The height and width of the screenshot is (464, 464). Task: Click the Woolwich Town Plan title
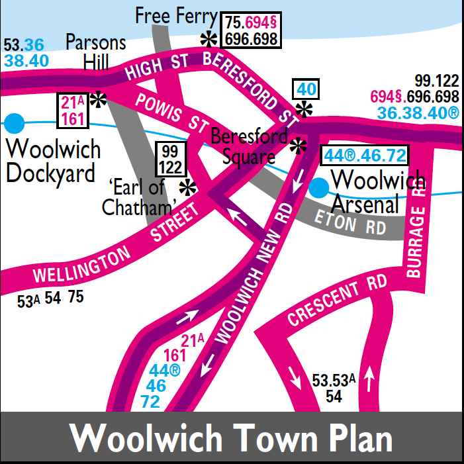coord(231,438)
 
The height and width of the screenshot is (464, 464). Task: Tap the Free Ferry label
coord(175,16)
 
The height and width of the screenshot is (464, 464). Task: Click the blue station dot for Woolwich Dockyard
coord(14,123)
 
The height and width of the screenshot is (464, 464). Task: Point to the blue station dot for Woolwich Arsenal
coord(319,188)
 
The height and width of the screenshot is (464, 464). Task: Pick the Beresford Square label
coord(249,147)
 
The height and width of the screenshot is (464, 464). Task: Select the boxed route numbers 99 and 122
coord(171,159)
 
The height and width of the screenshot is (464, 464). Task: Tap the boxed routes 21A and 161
coord(73,111)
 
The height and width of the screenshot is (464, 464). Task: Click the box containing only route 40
coord(306,89)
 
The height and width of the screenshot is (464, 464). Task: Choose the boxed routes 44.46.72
coord(364,156)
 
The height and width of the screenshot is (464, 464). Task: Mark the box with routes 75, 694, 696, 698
coord(251,30)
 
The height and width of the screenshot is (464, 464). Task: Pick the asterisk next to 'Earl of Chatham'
coord(189,189)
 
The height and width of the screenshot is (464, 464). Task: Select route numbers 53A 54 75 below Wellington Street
coord(50,299)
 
